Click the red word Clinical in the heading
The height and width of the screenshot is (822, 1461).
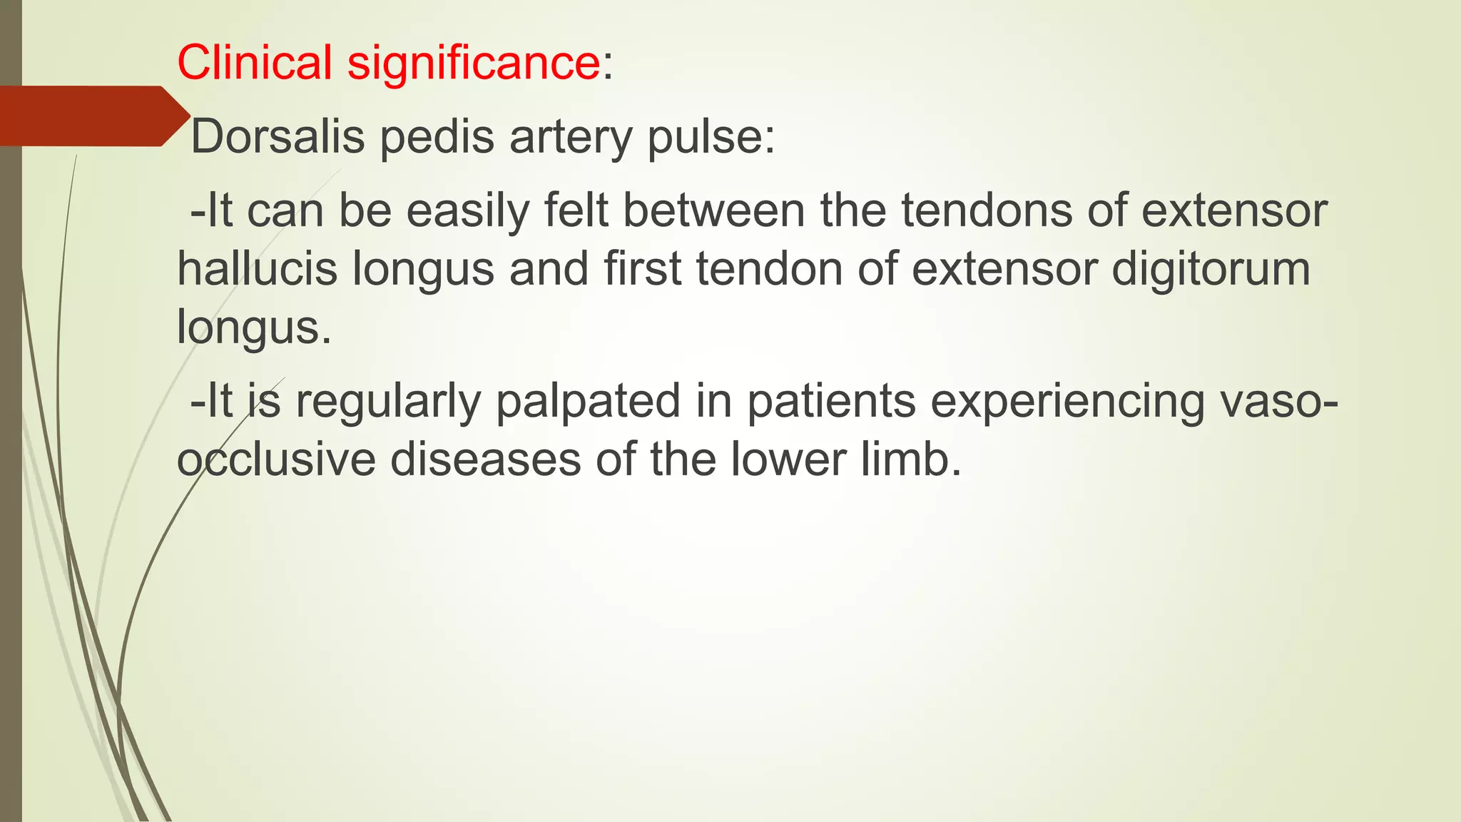pos(254,63)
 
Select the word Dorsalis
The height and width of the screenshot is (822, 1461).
pos(278,136)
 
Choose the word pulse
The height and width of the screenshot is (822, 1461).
pos(710,138)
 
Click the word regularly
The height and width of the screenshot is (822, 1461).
pos(388,402)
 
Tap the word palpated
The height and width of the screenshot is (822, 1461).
pos(588,402)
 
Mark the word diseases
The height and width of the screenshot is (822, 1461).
pos(485,460)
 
